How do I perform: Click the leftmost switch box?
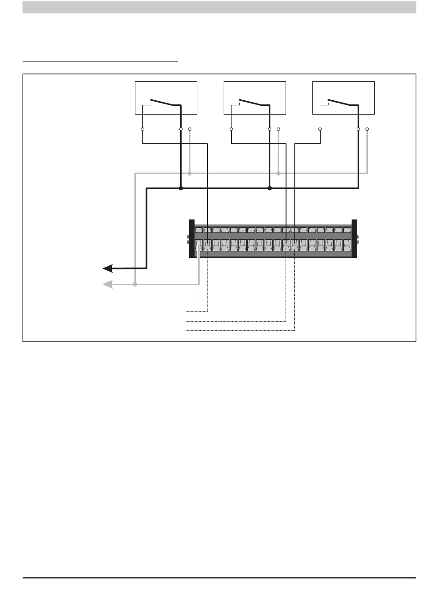[x=166, y=97]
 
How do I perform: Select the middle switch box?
[x=255, y=97]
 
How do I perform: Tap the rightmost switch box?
[x=343, y=97]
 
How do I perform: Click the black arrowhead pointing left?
[x=108, y=268]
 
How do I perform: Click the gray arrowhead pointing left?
[x=108, y=285]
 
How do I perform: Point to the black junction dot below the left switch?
[x=181, y=189]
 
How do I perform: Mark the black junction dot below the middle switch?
[x=270, y=189]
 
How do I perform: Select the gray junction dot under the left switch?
[x=190, y=173]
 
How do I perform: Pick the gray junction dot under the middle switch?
[x=278, y=173]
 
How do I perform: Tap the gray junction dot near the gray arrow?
[x=135, y=285]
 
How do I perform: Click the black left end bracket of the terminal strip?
[x=192, y=238]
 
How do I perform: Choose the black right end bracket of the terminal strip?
[x=354, y=238]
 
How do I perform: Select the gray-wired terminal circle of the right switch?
[x=367, y=129]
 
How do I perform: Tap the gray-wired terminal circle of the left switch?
[x=190, y=129]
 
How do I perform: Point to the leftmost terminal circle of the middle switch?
[x=231, y=129]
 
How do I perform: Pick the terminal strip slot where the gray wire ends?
[x=199, y=245]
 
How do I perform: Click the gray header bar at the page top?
[x=219, y=7]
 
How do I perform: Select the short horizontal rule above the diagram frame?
[x=100, y=61]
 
